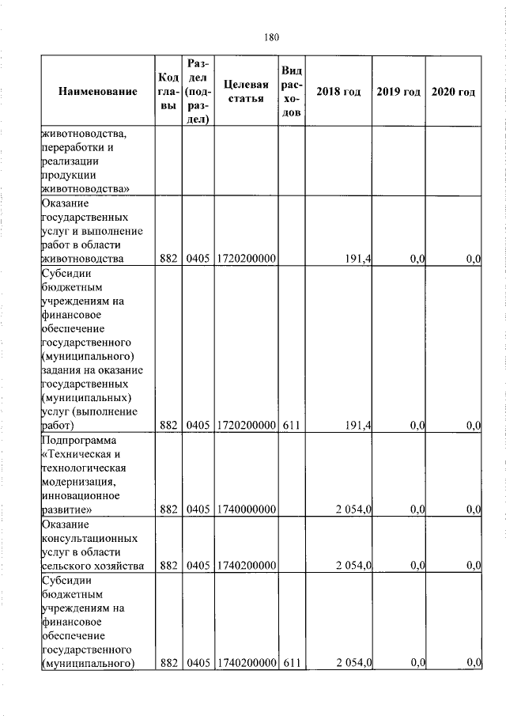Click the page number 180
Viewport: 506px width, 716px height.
[x=271, y=37]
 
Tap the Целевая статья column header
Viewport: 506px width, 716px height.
[x=245, y=92]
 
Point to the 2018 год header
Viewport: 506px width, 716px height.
[x=338, y=93]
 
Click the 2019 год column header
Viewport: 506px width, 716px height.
[x=398, y=93]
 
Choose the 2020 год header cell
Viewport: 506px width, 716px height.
[x=454, y=93]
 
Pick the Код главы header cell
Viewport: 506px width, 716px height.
[x=168, y=92]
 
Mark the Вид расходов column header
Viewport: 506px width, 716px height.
[x=292, y=92]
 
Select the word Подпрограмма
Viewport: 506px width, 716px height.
[x=78, y=439]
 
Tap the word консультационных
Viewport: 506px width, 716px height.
[x=89, y=538]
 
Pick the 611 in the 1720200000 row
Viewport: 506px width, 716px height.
[x=292, y=425]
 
